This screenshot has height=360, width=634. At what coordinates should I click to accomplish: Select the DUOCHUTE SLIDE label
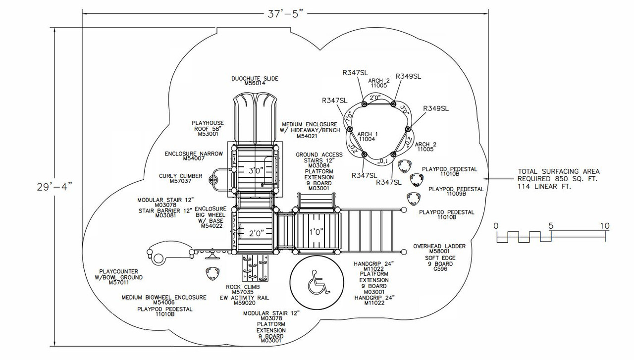(x=255, y=78)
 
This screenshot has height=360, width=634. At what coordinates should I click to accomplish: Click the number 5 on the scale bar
(x=550, y=225)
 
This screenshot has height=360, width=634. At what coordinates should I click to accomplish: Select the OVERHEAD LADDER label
(x=439, y=246)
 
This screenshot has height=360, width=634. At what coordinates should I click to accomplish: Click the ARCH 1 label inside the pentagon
(x=368, y=134)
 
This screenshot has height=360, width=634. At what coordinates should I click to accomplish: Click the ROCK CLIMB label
(x=243, y=287)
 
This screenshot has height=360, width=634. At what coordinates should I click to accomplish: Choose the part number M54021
(x=310, y=136)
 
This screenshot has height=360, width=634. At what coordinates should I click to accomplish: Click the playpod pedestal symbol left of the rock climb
(x=212, y=273)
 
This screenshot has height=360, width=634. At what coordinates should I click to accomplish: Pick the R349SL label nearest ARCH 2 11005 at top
(x=409, y=76)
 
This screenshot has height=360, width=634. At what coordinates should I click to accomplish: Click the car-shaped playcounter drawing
(x=169, y=252)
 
